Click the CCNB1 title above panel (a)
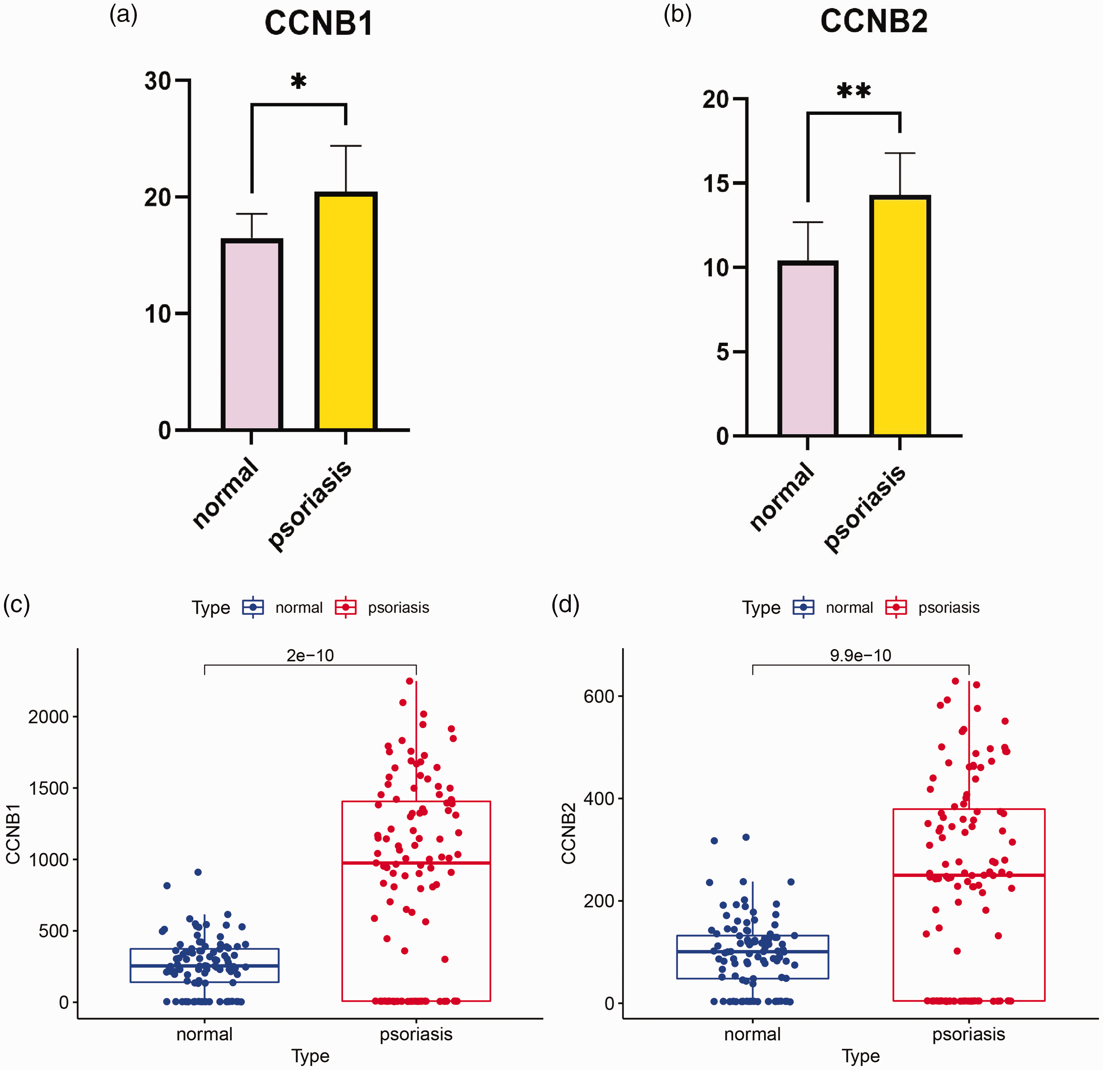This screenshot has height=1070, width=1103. (x=318, y=23)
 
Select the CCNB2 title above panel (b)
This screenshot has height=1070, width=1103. (x=874, y=21)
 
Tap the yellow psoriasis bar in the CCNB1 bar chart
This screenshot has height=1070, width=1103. (x=346, y=311)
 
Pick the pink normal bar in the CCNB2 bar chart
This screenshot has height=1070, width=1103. (x=808, y=349)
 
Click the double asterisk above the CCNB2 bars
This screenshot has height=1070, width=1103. (x=854, y=91)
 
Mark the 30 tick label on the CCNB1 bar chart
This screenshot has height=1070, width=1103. (x=158, y=81)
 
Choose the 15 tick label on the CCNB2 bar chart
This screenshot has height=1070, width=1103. (x=716, y=183)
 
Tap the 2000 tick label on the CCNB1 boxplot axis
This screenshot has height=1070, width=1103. (x=48, y=717)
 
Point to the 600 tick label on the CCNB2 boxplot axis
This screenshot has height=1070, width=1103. (x=599, y=696)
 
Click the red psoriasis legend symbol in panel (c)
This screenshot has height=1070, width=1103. (x=346, y=607)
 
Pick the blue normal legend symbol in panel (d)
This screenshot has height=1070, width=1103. (x=804, y=607)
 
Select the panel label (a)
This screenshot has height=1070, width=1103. (x=123, y=15)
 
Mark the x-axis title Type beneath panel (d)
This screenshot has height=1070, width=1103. (x=861, y=1056)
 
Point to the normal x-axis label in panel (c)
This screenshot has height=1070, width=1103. (x=204, y=1034)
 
